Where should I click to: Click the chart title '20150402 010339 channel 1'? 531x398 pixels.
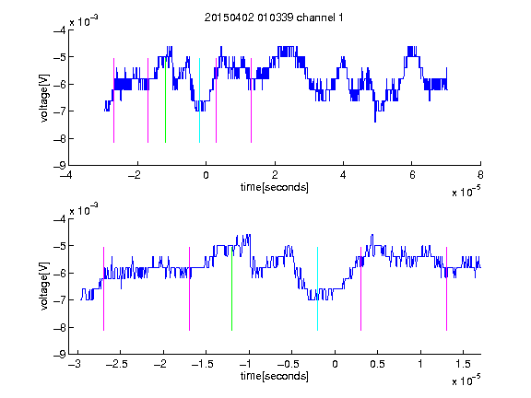[x=274, y=18]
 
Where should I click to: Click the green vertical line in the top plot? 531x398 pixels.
[x=165, y=100]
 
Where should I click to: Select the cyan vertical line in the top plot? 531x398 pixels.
[x=199, y=100]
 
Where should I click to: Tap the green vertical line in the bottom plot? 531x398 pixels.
[x=231, y=288]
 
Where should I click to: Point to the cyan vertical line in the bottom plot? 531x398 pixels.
[x=317, y=288]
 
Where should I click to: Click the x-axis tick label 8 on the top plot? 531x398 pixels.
[x=480, y=175]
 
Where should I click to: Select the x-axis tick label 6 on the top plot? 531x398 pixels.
[x=412, y=175]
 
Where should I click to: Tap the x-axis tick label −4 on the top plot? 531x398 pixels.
[x=65, y=175]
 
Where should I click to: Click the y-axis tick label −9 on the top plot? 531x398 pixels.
[x=59, y=166]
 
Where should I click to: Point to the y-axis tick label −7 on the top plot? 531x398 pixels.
[x=59, y=111]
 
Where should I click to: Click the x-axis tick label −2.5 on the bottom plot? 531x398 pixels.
[x=116, y=364]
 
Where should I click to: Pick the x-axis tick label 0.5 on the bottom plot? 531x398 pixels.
[x=377, y=364]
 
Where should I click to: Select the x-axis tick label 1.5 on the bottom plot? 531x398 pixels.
[x=463, y=364]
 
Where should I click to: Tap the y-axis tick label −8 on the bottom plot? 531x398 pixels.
[x=59, y=327]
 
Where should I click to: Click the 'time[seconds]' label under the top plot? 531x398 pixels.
[x=275, y=187]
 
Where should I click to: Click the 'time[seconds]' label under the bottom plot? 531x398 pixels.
[x=275, y=376]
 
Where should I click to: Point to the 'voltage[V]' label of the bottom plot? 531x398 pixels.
[x=44, y=287]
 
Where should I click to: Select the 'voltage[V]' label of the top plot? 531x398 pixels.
[x=44, y=98]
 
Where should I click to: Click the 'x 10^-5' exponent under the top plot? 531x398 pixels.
[x=466, y=191]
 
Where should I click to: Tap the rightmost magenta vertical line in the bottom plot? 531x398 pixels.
[x=446, y=288]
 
